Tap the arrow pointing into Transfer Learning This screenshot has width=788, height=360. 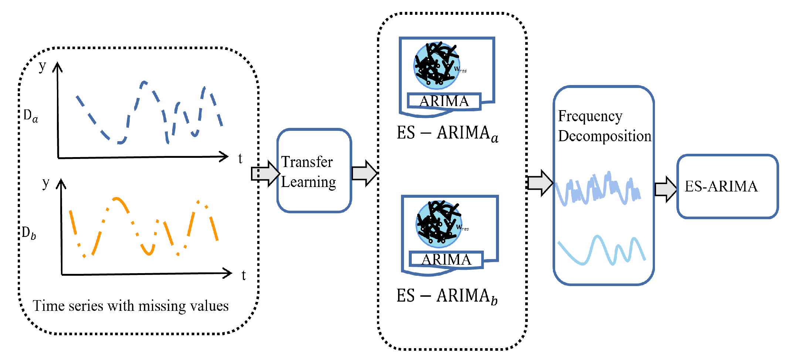point(265,173)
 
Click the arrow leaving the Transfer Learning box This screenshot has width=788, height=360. point(364,173)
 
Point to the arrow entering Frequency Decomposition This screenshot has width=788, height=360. point(540,183)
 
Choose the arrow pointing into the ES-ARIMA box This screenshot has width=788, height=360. point(665,189)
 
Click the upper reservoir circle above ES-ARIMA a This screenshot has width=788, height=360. point(437,66)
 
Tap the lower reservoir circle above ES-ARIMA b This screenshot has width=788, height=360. point(439,224)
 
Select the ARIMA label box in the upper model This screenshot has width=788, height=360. point(444,101)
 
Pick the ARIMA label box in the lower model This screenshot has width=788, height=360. point(446,259)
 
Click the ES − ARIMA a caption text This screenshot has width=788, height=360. point(448,133)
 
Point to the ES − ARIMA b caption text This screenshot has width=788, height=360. point(447,296)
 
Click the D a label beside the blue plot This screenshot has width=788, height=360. point(31,116)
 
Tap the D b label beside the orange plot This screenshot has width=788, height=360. point(29,233)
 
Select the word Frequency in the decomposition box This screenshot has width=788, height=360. point(590,116)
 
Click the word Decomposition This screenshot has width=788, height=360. point(605,136)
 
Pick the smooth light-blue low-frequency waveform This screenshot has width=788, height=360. point(601,250)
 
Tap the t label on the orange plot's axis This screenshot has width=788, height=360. point(244,275)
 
